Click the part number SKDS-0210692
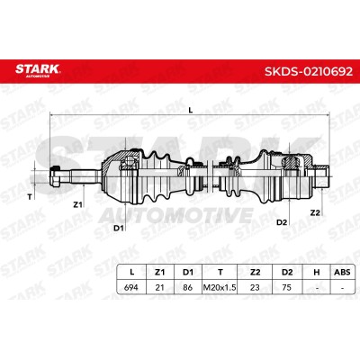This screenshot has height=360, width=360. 309,71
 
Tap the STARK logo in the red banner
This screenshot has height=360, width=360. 38,70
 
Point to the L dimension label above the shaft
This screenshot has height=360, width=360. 190,110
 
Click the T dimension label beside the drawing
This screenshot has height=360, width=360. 30,197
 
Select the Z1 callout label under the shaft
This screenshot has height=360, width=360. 77,205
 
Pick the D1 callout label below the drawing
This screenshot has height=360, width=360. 119,229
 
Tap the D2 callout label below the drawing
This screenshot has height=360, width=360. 282,222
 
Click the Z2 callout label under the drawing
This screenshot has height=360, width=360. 315,212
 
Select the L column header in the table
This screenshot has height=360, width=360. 131,273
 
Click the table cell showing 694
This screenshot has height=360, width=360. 131,287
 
